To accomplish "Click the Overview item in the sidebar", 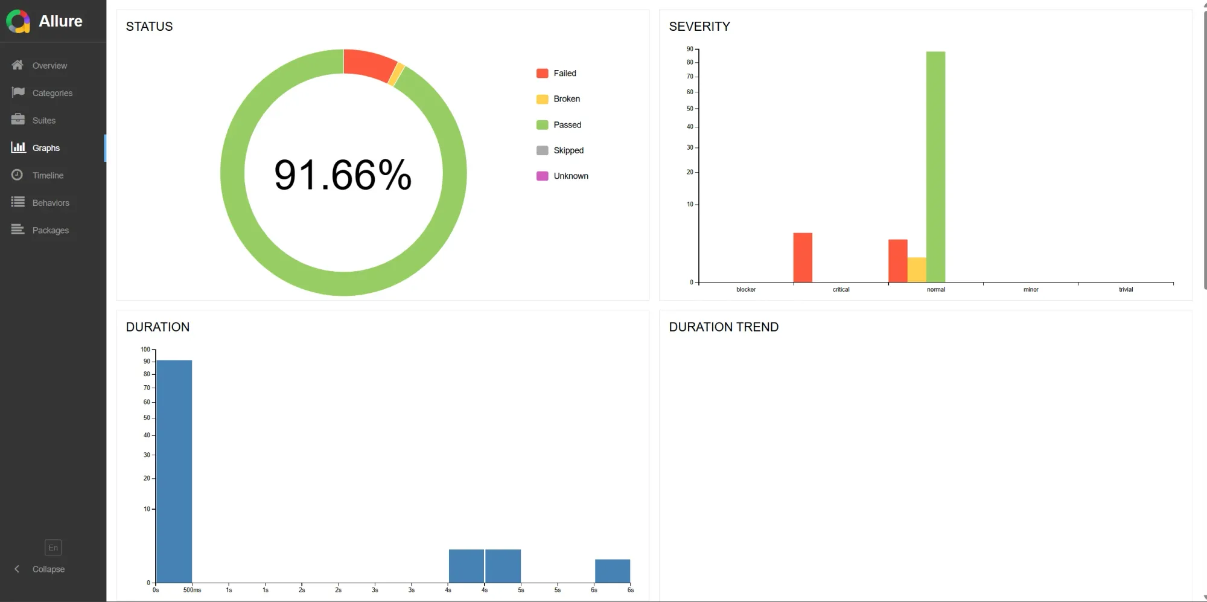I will (49, 65).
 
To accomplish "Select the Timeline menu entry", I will (48, 175).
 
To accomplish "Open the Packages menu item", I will (50, 230).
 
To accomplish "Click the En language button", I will (53, 548).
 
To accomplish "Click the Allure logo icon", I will (18, 22).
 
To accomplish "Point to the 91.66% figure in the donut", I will (343, 175).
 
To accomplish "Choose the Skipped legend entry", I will (568, 150).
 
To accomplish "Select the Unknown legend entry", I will (570, 176).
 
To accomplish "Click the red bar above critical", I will (803, 257).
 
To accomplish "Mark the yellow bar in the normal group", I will (917, 270).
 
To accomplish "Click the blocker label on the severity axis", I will (746, 290).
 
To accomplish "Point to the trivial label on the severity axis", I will (1126, 290).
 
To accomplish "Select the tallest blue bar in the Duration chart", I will (174, 471).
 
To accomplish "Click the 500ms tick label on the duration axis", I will (192, 590).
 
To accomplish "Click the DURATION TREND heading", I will (724, 327).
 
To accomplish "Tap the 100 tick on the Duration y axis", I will (145, 350).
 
